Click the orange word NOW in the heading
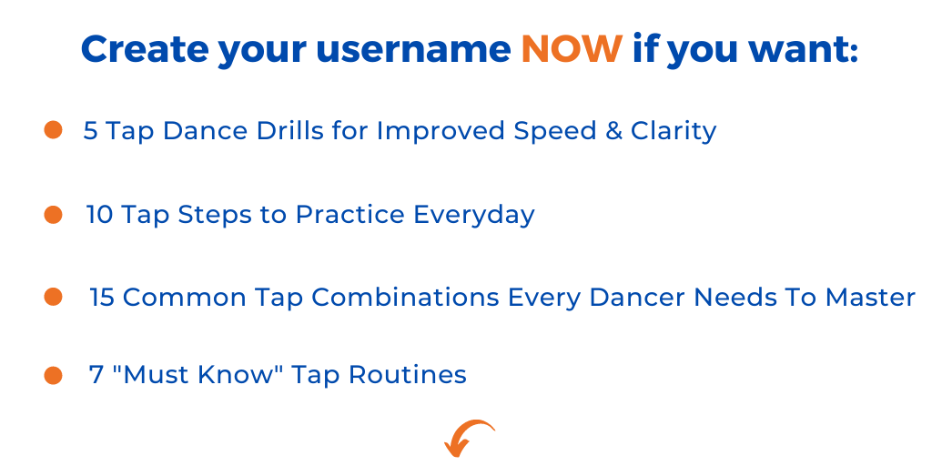pyautogui.click(x=572, y=49)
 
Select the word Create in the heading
pyautogui.click(x=145, y=49)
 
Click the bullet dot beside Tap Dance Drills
pyautogui.click(x=53, y=130)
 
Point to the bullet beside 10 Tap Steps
pyautogui.click(x=53, y=215)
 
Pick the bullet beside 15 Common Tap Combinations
pyautogui.click(x=53, y=297)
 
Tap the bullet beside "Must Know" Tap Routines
pyautogui.click(x=53, y=375)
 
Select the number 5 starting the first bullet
pyautogui.click(x=90, y=131)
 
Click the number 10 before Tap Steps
pyautogui.click(x=99, y=215)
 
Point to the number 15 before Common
pyautogui.click(x=102, y=298)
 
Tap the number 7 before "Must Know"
pyautogui.click(x=96, y=375)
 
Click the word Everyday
pyautogui.click(x=473, y=216)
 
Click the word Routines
pyautogui.click(x=407, y=375)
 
